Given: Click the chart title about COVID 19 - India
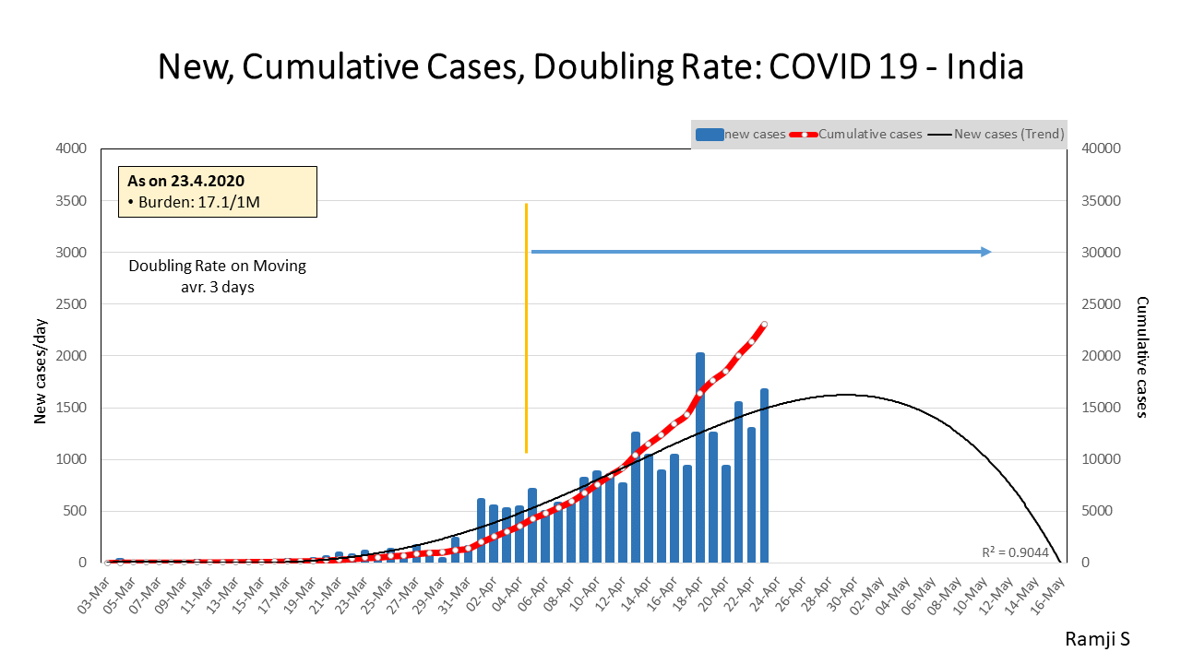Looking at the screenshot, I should [x=590, y=67].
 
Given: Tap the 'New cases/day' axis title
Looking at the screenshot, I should [x=41, y=356].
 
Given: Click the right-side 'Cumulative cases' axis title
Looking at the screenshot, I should [x=1141, y=356].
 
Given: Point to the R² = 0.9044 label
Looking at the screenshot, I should [x=1015, y=552].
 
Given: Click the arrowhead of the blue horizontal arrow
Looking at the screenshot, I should [x=986, y=252].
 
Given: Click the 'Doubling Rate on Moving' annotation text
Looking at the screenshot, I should [x=217, y=266].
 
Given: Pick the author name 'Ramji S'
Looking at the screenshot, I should [x=1097, y=639].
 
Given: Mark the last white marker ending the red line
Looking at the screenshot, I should [x=764, y=325].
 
